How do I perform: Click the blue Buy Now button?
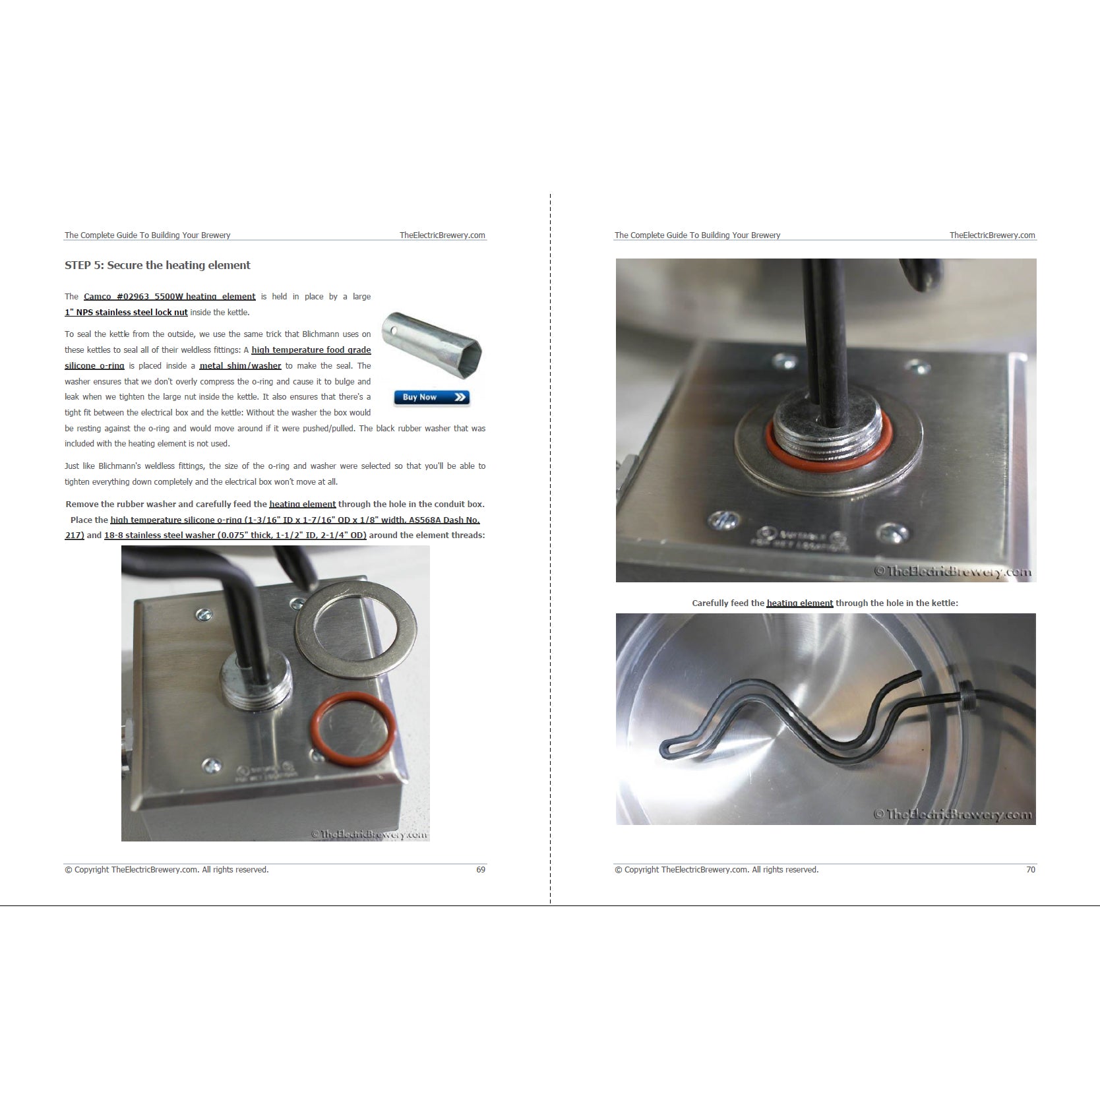coord(432,397)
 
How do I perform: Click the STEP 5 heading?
coord(158,265)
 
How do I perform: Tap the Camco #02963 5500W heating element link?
coord(169,297)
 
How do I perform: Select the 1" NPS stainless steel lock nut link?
coord(126,313)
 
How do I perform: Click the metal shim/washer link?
coord(240,366)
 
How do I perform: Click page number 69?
coord(481,870)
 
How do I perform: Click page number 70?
coord(1031,870)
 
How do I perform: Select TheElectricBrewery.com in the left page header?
coord(442,235)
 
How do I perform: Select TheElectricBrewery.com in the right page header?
coord(992,235)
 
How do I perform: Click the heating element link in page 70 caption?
coord(800,603)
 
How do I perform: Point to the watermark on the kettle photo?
coord(952,814)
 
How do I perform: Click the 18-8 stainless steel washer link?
coord(235,535)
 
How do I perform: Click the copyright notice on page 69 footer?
coord(167,870)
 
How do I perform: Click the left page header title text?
coord(148,235)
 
